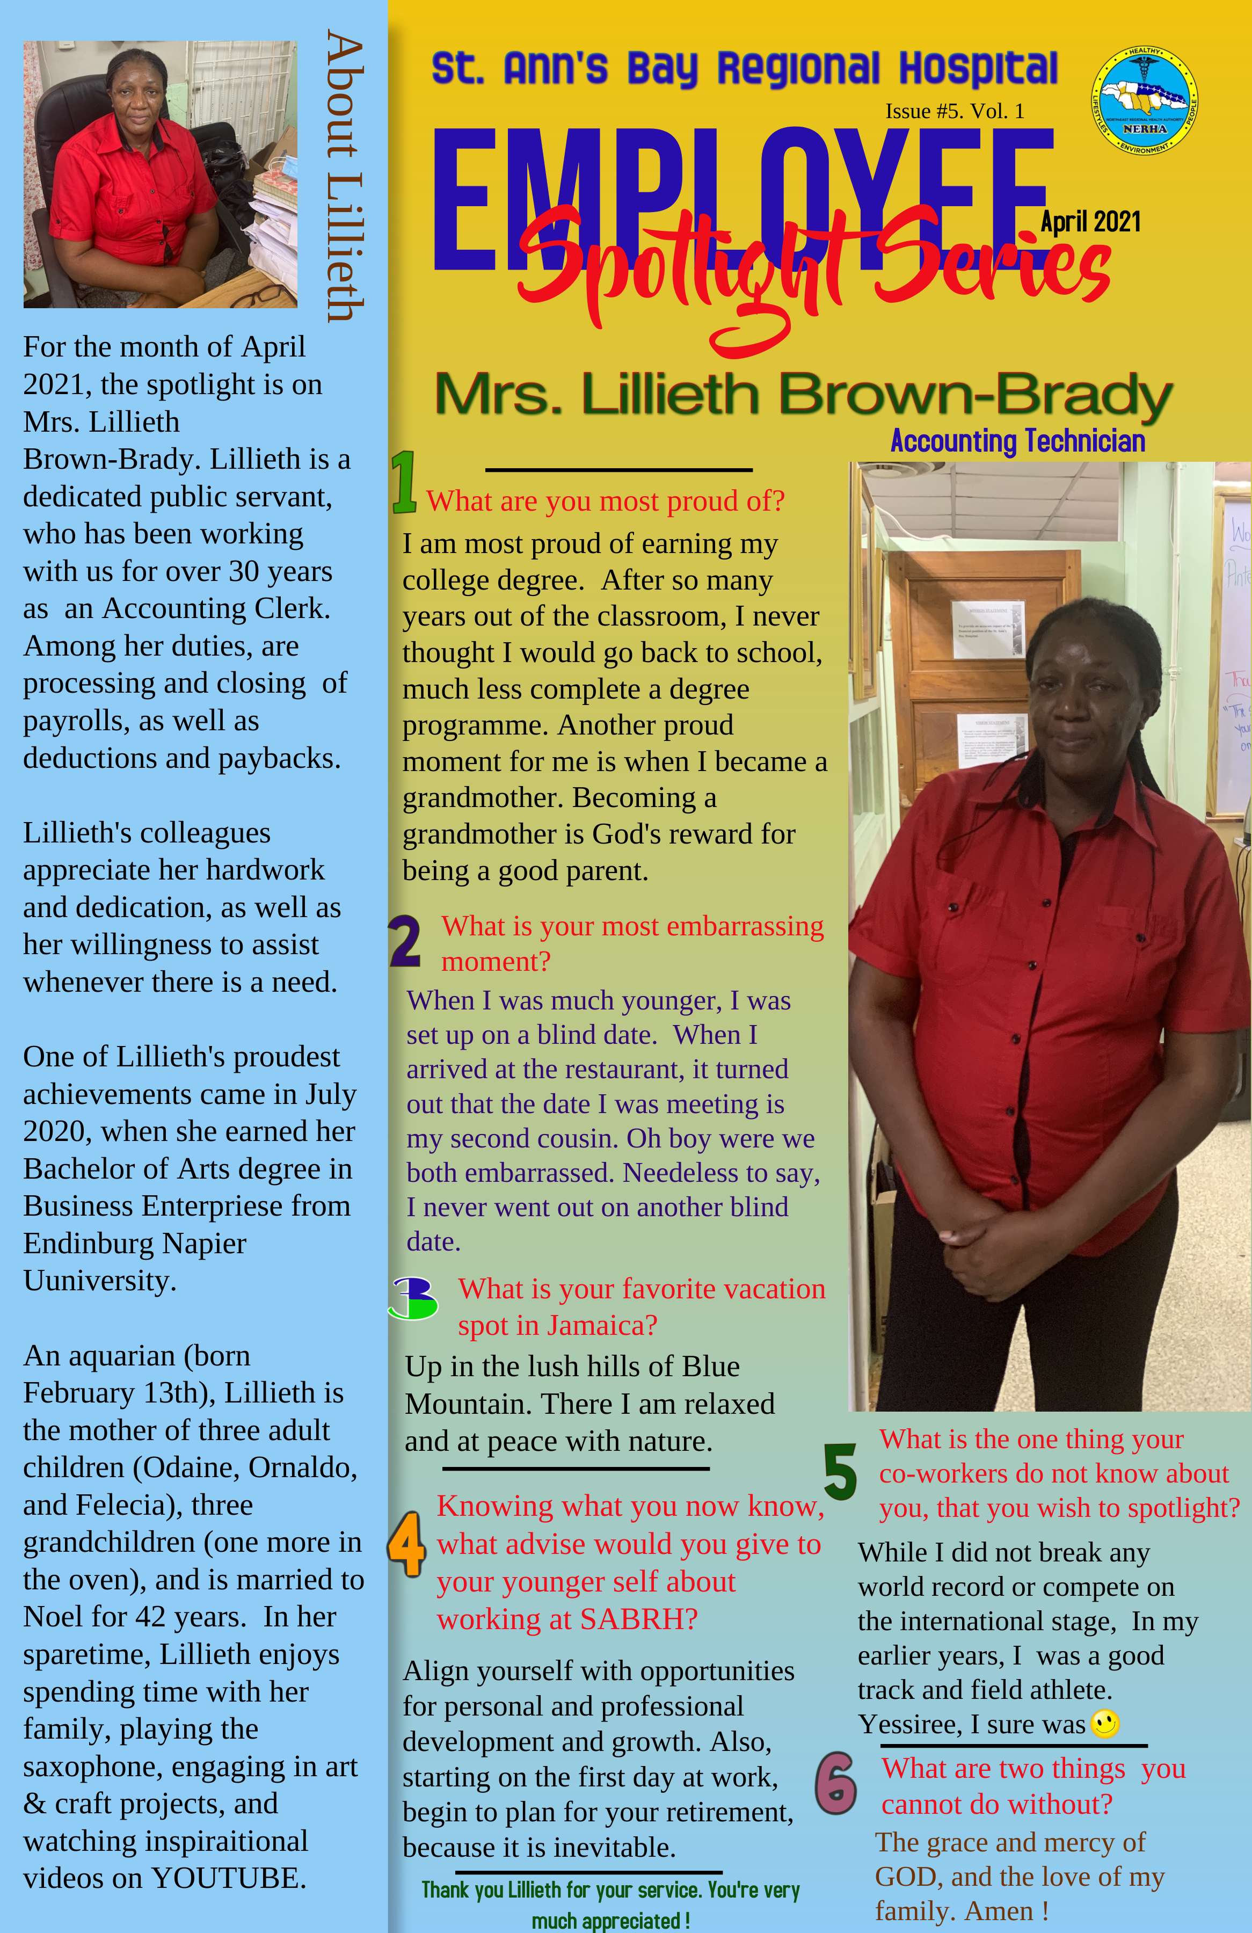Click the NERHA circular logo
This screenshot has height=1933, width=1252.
[1144, 101]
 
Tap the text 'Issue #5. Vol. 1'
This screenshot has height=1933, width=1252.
[954, 111]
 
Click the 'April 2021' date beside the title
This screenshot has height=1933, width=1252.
[1090, 222]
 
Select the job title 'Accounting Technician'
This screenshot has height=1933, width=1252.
[1017, 441]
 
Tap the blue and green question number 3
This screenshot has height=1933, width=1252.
[413, 1297]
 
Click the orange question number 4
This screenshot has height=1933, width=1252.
[406, 1543]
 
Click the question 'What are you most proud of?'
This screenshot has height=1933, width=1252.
[605, 501]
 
